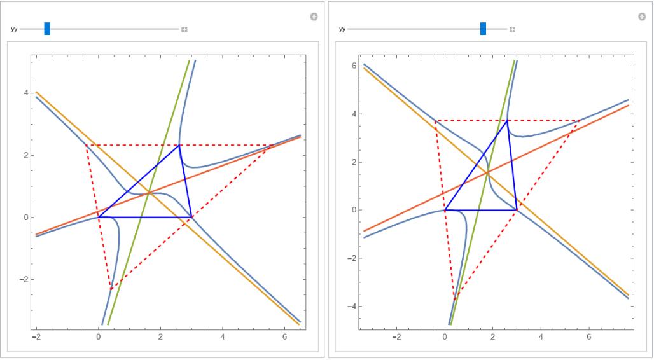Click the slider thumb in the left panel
[47, 29]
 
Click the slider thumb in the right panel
[483, 29]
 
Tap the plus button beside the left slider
[184, 29]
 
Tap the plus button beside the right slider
[512, 29]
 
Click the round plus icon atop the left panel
[314, 17]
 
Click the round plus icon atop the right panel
[642, 17]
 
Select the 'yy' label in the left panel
[14, 29]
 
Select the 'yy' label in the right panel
[342, 29]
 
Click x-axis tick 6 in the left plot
[284, 336]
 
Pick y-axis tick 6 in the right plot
[355, 66]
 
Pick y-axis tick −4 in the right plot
[353, 306]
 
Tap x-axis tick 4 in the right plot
[541, 336]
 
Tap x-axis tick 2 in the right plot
[492, 336]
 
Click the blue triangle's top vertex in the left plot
[180, 145]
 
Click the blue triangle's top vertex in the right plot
[507, 120]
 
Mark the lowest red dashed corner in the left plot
[111, 289]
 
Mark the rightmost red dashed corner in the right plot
[579, 120]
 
